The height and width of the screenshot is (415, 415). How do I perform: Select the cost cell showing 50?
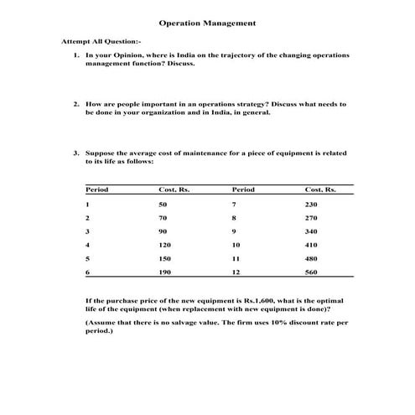click(x=163, y=205)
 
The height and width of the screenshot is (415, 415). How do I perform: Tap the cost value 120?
click(x=164, y=245)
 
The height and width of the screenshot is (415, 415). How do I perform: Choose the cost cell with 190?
click(x=164, y=272)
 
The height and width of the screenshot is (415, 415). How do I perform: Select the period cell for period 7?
click(x=235, y=205)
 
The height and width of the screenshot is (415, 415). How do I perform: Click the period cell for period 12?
click(x=236, y=272)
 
